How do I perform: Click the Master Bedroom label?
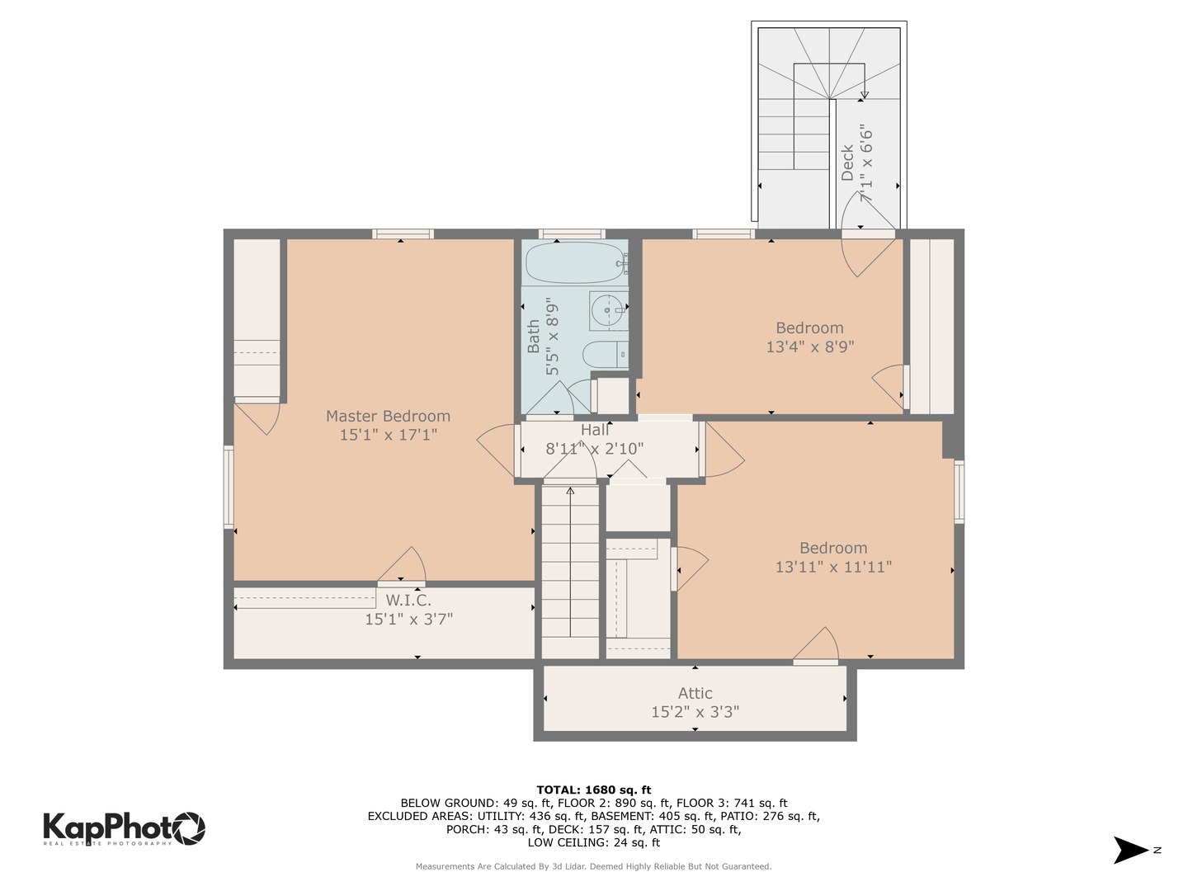[x=388, y=416]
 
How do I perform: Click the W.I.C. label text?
[x=408, y=600]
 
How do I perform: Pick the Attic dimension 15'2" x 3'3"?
[x=695, y=711]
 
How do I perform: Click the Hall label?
[x=595, y=430]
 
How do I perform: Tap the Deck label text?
[x=847, y=163]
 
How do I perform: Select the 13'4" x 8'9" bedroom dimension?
[x=809, y=346]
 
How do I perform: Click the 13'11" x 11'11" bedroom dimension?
[x=833, y=567]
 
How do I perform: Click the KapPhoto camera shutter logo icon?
[x=188, y=828]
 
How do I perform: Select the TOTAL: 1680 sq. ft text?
[x=594, y=790]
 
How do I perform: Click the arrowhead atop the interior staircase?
[x=570, y=491]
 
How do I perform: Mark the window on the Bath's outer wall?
[x=572, y=233]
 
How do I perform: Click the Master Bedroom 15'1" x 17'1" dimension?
[x=388, y=435]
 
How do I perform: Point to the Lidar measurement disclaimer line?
[x=594, y=866]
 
